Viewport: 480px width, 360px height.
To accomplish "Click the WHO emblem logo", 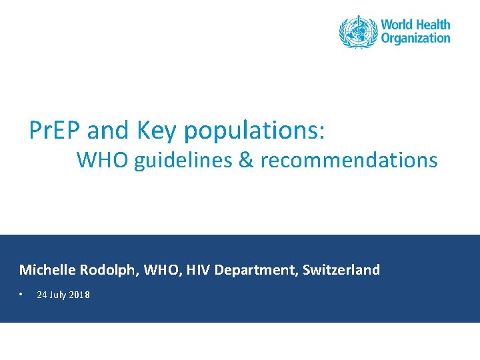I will tap(358, 31).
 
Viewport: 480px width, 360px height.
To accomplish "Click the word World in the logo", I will tap(398, 25).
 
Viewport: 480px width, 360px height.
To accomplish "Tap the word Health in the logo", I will tap(434, 25).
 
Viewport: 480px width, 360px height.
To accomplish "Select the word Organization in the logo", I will tap(415, 39).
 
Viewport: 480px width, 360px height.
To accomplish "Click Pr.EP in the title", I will tap(55, 131).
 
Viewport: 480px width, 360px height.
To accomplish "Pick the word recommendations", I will tap(349, 161).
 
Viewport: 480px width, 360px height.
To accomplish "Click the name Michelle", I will tap(47, 270).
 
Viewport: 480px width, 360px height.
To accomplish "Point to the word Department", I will tap(255, 271).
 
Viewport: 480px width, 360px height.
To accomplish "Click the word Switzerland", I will tap(341, 270).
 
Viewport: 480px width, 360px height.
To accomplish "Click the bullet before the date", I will tap(22, 294).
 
